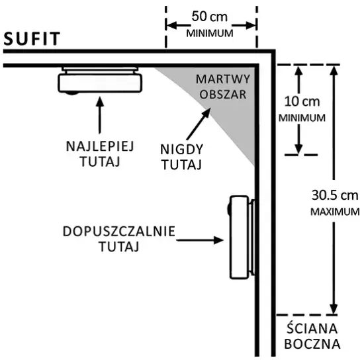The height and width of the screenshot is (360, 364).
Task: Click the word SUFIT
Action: pyautogui.click(x=32, y=39)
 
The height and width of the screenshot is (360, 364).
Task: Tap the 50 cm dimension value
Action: pyautogui.click(x=209, y=17)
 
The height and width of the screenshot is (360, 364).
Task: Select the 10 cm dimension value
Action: pyautogui.click(x=302, y=102)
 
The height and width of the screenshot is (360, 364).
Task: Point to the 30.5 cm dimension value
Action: pyautogui.click(x=335, y=195)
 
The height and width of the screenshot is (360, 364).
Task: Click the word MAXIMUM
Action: pyautogui.click(x=335, y=212)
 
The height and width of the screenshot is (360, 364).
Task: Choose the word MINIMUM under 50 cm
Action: pyautogui.click(x=210, y=34)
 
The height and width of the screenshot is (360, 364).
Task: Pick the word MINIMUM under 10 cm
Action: pyautogui.click(x=302, y=118)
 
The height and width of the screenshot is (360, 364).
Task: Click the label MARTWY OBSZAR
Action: pyautogui.click(x=223, y=87)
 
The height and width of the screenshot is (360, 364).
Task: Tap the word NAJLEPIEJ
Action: pyautogui.click(x=100, y=146)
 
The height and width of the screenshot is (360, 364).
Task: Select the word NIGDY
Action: pyautogui.click(x=182, y=150)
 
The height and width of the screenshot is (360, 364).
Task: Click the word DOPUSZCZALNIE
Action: pyautogui.click(x=119, y=232)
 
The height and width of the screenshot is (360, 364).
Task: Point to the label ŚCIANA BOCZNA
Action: pyautogui.click(x=312, y=336)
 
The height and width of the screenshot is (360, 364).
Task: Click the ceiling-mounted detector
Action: pyautogui.click(x=100, y=81)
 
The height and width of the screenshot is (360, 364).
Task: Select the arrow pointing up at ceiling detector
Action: pyautogui.click(x=100, y=115)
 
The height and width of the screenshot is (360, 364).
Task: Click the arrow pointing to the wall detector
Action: pyautogui.click(x=200, y=240)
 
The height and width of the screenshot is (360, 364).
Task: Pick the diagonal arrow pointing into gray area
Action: pyautogui.click(x=199, y=124)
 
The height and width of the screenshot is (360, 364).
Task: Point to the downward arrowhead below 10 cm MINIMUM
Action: pyautogui.click(x=298, y=148)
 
